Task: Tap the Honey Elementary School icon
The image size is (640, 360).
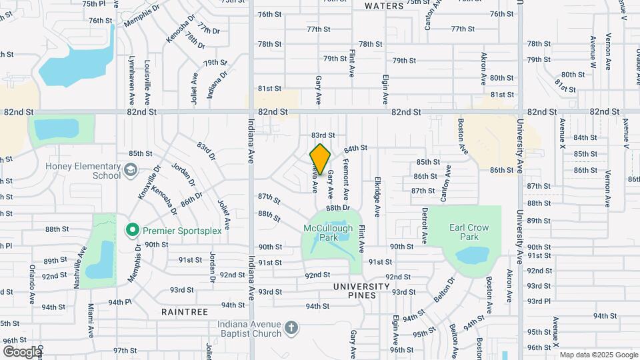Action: point(131,168)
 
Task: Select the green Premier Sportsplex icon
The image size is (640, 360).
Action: point(132,231)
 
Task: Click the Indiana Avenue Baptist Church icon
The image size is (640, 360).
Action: point(290,327)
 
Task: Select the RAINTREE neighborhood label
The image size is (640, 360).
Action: point(185,311)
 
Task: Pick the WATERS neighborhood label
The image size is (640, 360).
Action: point(384,6)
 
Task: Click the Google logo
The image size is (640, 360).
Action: point(21,351)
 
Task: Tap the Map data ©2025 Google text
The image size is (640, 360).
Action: point(597,355)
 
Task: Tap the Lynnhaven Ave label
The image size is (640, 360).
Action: point(132,81)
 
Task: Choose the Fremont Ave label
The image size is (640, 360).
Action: point(345,180)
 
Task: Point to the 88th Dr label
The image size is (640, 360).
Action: point(339,208)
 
